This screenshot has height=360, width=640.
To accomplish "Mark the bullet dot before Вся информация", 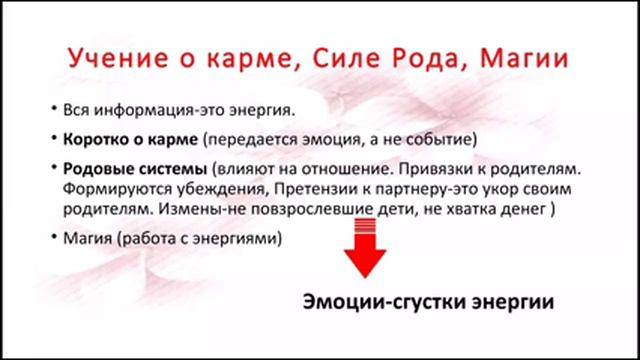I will pyautogui.click(x=52, y=108).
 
